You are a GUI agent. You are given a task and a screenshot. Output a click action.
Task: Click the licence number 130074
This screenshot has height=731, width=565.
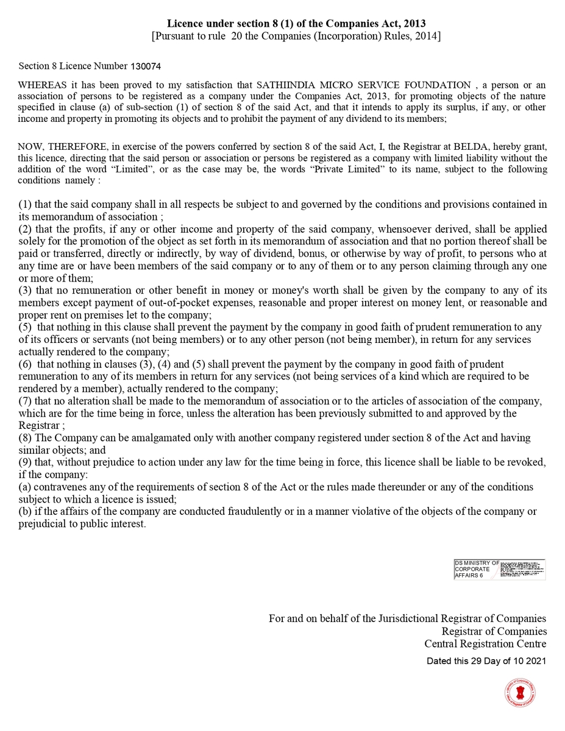coord(146,66)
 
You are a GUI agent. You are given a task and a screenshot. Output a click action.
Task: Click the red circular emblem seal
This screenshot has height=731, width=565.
coord(520,693)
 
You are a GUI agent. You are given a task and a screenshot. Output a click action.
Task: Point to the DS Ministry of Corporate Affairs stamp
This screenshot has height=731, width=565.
coord(499,570)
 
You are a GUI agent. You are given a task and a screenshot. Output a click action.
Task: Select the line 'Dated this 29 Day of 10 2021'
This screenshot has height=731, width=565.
coord(486,660)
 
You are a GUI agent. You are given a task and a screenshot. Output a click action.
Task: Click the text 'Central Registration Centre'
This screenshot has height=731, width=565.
coord(485,644)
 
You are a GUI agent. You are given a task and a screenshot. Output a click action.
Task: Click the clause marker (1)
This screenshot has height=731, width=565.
coord(25,205)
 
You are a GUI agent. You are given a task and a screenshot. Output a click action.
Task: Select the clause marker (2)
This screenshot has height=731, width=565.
coord(25,229)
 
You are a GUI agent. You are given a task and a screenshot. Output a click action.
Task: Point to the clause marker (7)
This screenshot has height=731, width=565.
coord(25,401)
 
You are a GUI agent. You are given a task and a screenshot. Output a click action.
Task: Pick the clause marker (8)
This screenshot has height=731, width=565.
coord(25,438)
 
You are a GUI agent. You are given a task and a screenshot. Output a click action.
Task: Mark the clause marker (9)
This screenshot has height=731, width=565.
coord(25,462)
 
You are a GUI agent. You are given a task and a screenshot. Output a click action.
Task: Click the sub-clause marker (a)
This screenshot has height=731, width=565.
coord(25,487)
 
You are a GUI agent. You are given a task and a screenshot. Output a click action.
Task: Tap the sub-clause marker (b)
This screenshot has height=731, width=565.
coord(25,512)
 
